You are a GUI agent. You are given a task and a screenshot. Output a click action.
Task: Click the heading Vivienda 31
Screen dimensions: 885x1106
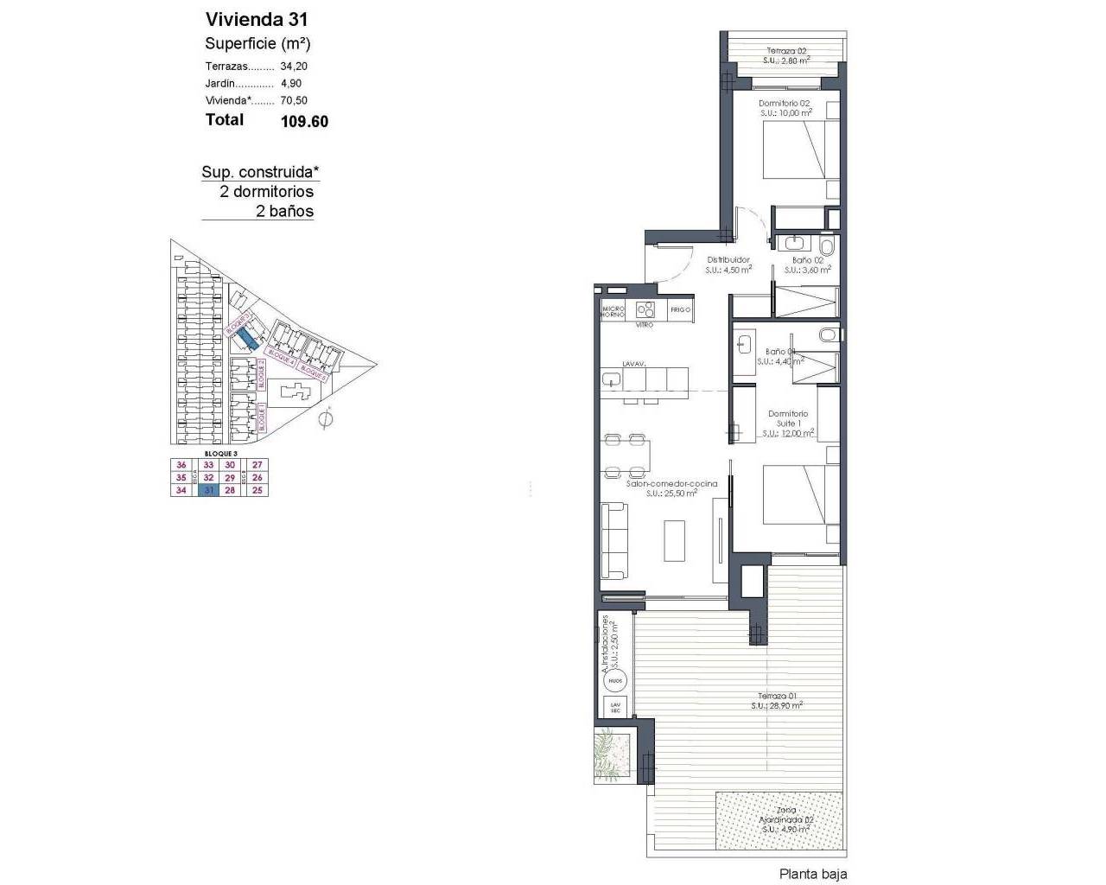(x=256, y=19)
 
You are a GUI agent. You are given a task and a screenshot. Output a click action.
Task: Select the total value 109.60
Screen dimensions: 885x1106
(x=304, y=122)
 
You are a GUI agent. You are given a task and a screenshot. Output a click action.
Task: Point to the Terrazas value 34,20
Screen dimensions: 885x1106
(x=294, y=67)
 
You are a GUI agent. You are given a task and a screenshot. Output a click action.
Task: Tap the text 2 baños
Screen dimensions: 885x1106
(x=284, y=212)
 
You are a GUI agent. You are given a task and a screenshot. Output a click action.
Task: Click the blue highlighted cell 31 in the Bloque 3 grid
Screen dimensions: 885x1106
(x=207, y=490)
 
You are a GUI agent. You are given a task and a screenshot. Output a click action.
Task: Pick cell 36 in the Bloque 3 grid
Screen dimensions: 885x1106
(x=181, y=465)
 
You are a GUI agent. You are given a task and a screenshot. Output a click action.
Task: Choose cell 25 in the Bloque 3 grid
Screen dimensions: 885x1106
(x=257, y=490)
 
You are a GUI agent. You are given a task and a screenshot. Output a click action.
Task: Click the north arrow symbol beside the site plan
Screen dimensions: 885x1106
(x=326, y=420)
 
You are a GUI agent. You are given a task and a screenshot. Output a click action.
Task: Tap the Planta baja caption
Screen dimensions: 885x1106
(x=812, y=874)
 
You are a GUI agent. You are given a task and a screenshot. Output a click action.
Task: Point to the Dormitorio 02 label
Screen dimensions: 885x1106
(x=785, y=107)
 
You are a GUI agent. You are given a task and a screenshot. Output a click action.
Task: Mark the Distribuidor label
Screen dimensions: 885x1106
(x=728, y=264)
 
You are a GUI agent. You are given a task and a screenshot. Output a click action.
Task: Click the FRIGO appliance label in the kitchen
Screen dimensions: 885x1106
(x=680, y=309)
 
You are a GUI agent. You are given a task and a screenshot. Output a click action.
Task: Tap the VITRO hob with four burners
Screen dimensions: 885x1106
(x=645, y=309)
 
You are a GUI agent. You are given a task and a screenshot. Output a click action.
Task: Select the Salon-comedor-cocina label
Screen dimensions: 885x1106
(x=671, y=488)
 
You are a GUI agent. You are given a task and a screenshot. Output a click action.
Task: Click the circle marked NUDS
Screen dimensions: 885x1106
(x=614, y=681)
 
